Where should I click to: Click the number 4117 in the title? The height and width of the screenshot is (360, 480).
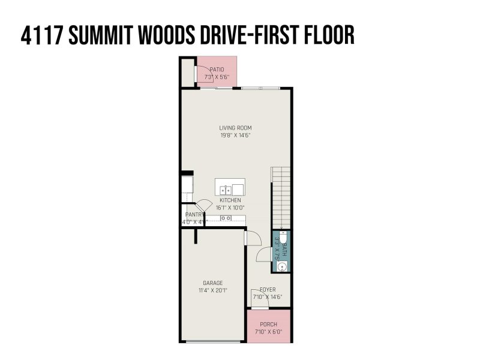tap(41, 35)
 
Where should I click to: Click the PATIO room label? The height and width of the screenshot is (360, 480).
tap(217, 70)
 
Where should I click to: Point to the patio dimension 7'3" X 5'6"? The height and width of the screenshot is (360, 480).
tap(217, 77)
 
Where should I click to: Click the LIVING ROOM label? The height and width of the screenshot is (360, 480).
tap(235, 127)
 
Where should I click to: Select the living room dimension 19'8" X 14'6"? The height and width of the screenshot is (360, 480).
tap(235, 135)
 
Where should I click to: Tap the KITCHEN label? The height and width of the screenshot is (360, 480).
tap(230, 200)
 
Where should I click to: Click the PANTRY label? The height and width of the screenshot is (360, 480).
tap(194, 214)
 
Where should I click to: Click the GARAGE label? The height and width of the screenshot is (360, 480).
tap(212, 283)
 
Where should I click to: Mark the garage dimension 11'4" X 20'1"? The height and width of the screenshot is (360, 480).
tap(212, 290)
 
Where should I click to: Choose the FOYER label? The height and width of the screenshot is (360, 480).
tap(268, 289)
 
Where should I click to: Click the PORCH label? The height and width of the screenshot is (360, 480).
tap(268, 324)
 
